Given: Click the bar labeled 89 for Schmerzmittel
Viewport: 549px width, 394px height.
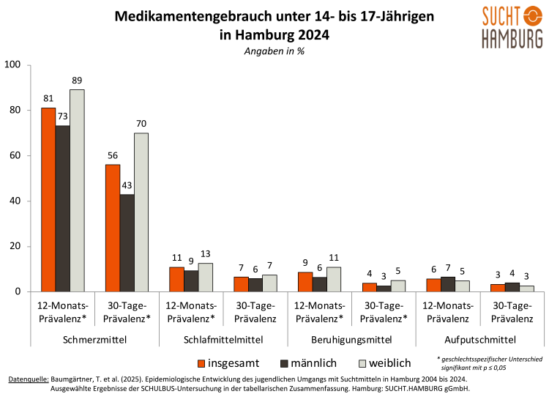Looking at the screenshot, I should click(x=77, y=190).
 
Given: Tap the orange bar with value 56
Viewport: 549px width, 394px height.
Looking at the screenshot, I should click(x=112, y=228).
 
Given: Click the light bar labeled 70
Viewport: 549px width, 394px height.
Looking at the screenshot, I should click(x=141, y=212).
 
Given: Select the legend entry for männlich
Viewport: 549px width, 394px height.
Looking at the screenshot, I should click(x=304, y=363).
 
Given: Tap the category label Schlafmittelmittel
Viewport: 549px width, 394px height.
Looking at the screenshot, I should click(x=223, y=340).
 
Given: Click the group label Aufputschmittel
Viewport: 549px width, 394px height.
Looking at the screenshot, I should click(x=479, y=340).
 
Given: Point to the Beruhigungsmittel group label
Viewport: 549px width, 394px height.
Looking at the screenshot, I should click(x=351, y=340).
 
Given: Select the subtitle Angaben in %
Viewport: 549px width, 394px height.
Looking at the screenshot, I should click(x=274, y=52).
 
